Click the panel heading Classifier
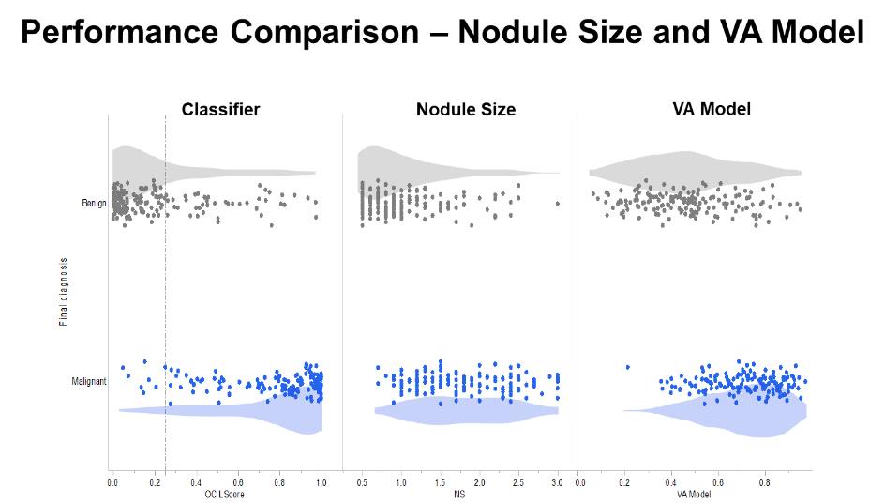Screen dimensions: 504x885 (220, 110)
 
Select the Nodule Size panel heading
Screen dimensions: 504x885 (466, 110)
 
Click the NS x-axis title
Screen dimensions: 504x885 (460, 495)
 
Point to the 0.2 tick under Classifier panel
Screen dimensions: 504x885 (154, 482)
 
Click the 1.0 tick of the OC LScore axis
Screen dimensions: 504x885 (322, 482)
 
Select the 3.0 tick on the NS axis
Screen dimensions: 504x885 (557, 482)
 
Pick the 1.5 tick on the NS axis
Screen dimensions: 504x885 (440, 482)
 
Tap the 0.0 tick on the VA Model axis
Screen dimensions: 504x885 (580, 482)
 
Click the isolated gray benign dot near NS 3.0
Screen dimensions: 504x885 (557, 204)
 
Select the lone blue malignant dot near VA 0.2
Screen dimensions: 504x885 (627, 367)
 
